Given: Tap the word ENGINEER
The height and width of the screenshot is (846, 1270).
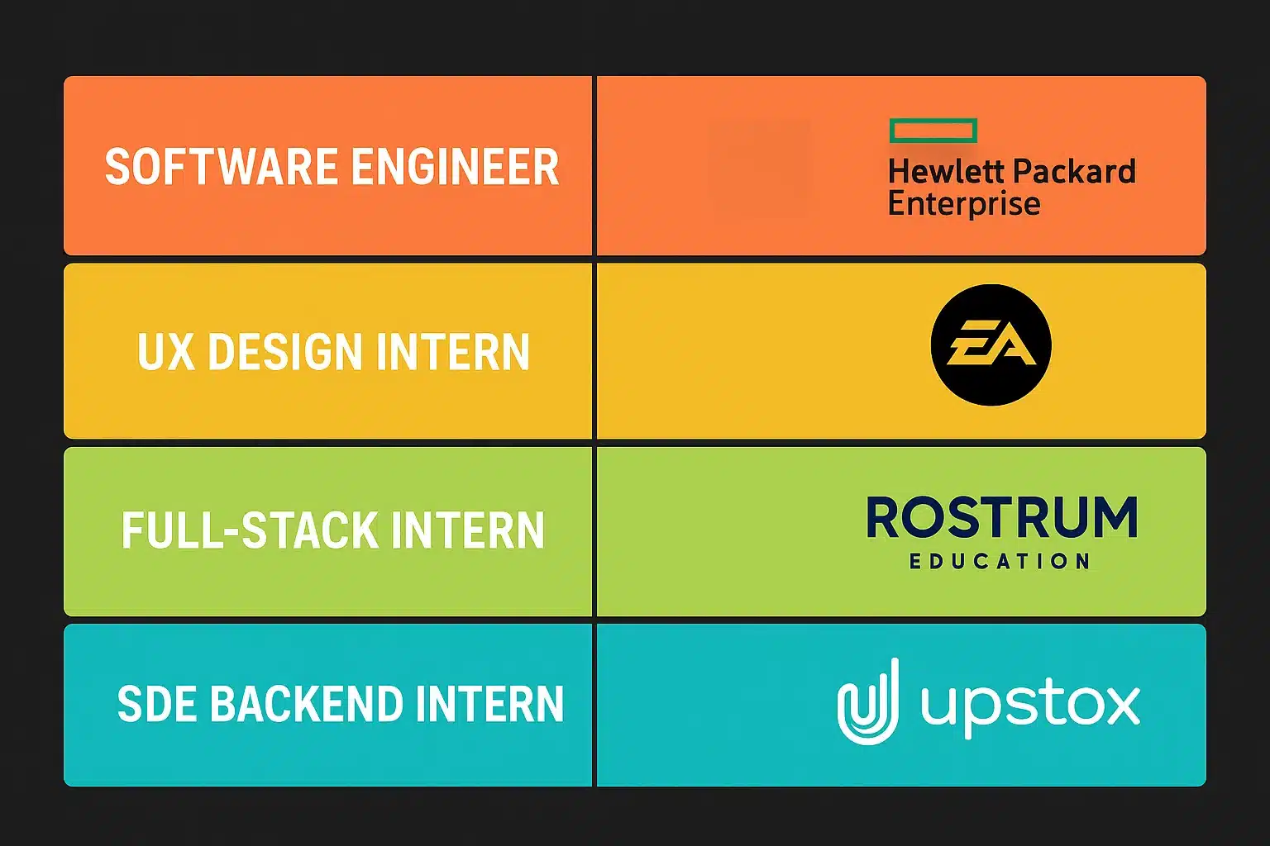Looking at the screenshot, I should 456,167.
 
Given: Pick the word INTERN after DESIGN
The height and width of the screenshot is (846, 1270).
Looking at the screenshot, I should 452,353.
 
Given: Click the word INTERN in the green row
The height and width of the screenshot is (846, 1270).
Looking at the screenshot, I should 467,530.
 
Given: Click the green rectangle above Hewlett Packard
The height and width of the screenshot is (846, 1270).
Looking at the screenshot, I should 933,131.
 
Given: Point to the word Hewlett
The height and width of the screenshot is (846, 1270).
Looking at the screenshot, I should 946,172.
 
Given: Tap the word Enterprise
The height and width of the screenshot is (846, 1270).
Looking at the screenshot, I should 964,203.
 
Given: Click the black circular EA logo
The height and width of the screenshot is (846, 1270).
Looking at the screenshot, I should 991,345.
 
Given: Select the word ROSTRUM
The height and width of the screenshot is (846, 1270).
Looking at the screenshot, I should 1002,518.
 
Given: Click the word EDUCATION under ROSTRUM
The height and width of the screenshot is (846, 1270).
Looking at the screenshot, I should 1000,562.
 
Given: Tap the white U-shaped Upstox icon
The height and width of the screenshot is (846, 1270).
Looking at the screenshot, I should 868,702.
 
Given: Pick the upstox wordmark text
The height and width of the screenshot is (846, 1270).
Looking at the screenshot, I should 1030,705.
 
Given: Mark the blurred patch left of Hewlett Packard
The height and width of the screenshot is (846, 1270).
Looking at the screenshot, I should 761,168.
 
